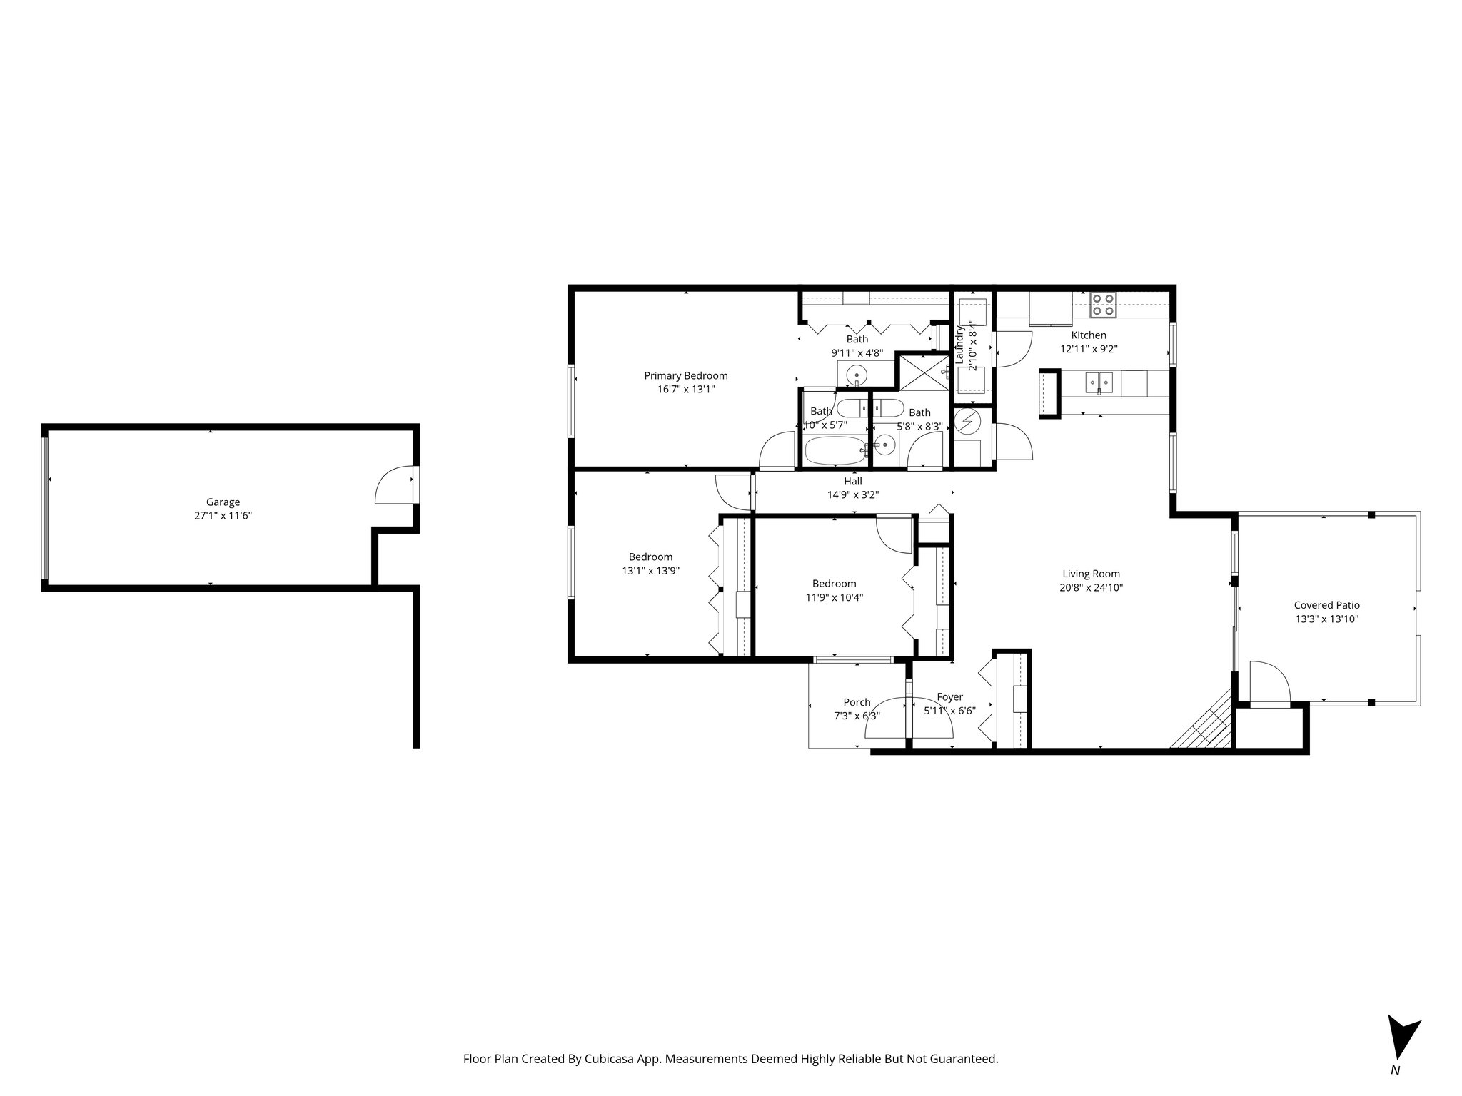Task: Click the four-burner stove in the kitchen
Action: click(x=1104, y=305)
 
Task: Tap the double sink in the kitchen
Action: click(x=1099, y=383)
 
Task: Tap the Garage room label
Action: click(x=223, y=502)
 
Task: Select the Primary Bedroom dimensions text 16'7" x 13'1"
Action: click(x=685, y=390)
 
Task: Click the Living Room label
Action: click(x=1091, y=574)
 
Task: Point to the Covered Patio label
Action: click(x=1326, y=605)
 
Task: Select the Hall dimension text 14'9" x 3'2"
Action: click(x=852, y=494)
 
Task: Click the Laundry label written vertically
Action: click(x=959, y=345)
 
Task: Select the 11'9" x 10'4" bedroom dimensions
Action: click(x=834, y=597)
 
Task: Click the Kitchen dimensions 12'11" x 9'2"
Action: click(x=1088, y=349)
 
